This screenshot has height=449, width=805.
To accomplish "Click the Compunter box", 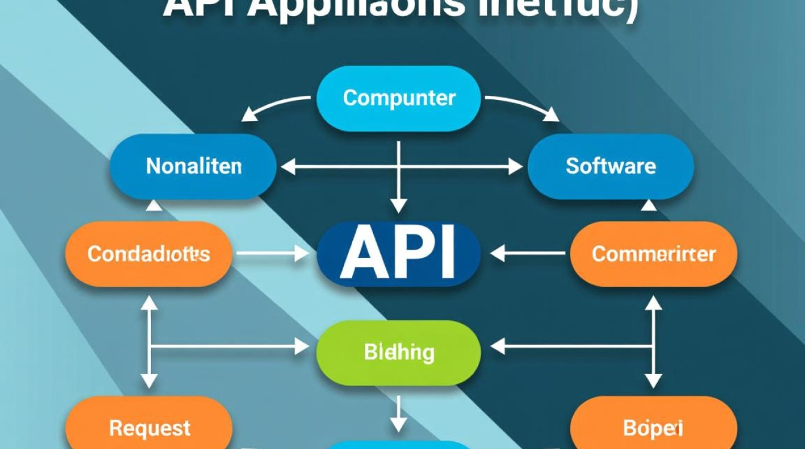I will point(398,98).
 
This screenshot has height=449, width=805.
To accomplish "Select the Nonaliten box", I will point(193,166).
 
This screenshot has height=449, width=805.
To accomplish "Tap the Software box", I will point(610,166).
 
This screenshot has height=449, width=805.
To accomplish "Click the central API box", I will point(398,253).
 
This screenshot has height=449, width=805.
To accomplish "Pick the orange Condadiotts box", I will point(148,254).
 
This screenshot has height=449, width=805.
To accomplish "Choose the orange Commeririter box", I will point(653,254).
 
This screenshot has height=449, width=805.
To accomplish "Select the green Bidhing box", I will point(398,352).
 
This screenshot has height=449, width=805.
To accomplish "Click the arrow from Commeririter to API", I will point(527,253).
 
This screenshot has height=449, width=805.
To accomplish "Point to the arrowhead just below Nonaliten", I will point(154,205).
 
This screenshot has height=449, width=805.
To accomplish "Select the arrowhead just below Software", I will point(649,205).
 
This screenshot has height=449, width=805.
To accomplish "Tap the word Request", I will point(149,427).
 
